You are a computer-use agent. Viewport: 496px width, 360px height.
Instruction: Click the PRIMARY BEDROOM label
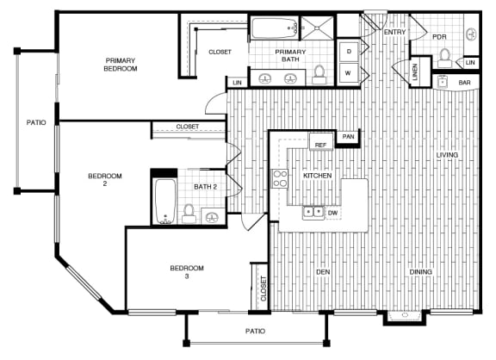121,65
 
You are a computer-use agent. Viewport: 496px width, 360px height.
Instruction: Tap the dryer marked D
349,52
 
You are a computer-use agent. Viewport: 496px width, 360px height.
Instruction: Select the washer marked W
349,73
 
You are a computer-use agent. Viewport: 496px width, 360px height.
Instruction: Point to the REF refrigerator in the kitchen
320,141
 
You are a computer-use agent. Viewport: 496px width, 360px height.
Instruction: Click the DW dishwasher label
332,213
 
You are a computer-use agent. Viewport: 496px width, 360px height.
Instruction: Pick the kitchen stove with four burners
280,179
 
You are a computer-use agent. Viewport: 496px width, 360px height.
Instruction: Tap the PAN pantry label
348,137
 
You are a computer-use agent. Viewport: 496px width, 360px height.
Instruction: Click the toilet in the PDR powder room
444,58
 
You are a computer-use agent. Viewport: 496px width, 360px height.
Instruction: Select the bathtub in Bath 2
165,202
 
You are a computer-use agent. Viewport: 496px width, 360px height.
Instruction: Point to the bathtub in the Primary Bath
275,28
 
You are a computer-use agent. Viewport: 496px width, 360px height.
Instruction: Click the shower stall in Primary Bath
317,28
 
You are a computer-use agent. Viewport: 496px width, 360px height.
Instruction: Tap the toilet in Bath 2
189,214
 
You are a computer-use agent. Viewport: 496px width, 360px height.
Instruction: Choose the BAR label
464,83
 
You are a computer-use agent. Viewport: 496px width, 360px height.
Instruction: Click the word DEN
323,272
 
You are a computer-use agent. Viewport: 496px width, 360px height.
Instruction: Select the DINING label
421,272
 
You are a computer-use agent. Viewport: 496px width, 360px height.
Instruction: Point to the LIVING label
447,155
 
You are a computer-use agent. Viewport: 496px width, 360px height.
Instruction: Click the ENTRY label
394,32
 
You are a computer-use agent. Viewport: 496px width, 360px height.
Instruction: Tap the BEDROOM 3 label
187,272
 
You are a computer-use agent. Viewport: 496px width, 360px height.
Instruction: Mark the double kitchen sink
313,212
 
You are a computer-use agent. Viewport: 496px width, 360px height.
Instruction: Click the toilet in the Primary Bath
319,75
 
